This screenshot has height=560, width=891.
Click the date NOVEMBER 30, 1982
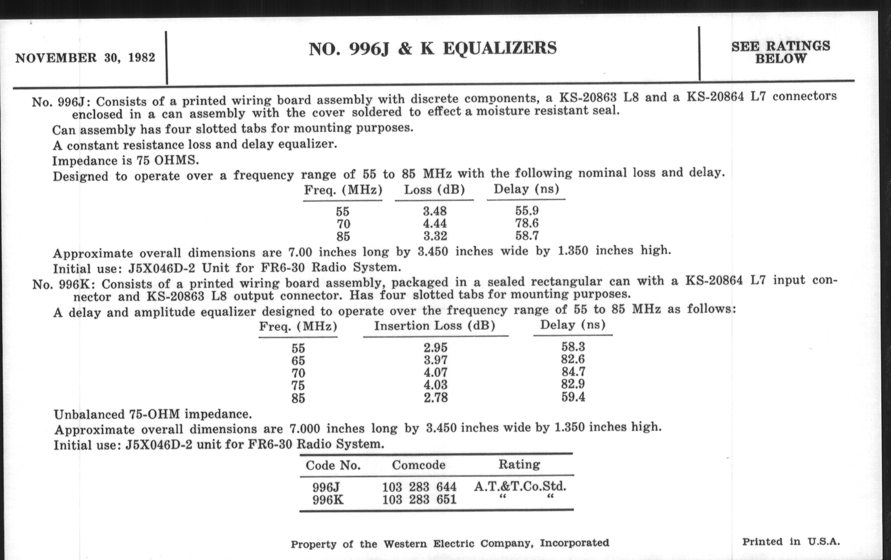[85, 58]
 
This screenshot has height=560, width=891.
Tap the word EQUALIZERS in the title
[499, 48]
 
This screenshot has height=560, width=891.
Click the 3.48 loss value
[435, 211]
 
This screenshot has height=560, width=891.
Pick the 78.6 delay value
[526, 223]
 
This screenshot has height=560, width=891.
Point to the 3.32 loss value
[435, 236]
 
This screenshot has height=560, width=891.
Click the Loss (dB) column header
[434, 190]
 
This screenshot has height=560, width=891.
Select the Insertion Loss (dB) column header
[435, 326]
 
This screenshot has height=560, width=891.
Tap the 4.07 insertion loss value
[436, 372]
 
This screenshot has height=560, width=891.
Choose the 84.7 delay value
[573, 372]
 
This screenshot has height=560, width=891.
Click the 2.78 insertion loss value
[436, 398]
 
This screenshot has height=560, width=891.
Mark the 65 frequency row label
[298, 361]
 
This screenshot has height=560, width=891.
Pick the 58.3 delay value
[573, 347]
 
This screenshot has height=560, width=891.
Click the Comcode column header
[418, 464]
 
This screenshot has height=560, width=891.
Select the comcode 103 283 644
[419, 487]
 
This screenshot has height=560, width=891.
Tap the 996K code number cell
[328, 500]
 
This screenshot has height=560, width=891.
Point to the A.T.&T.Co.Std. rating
[520, 486]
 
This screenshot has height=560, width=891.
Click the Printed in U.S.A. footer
[791, 542]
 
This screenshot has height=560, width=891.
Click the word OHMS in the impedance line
[176, 160]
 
